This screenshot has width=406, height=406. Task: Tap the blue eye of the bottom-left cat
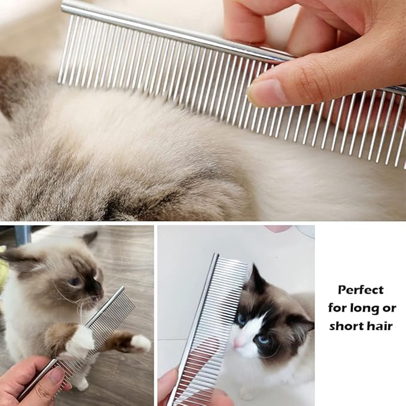[x=75, y=282]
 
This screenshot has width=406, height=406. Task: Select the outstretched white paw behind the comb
[x=140, y=342]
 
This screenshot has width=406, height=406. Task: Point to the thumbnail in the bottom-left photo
[x=56, y=376]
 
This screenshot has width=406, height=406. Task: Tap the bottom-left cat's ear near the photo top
[x=90, y=238]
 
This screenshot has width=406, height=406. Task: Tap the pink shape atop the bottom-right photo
[x=279, y=228]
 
